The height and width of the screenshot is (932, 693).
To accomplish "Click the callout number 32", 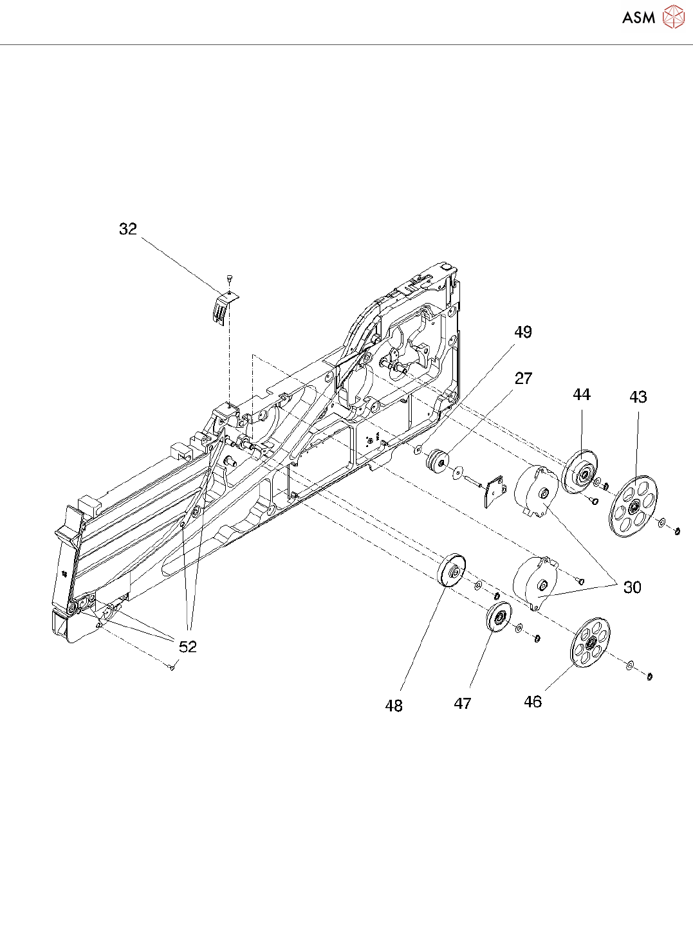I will pyautogui.click(x=128, y=229).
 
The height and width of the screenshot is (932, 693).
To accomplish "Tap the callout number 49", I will pyautogui.click(x=523, y=332).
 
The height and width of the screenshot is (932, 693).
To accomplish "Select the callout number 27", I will pyautogui.click(x=523, y=378).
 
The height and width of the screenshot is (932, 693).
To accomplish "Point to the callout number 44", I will pyautogui.click(x=582, y=394).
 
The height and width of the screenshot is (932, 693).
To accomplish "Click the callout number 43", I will pyautogui.click(x=638, y=397).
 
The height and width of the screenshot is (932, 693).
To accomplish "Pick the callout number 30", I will pyautogui.click(x=632, y=587).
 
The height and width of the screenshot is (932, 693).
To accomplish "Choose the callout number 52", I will pyautogui.click(x=187, y=646).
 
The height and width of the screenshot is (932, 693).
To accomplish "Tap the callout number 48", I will pyautogui.click(x=394, y=706).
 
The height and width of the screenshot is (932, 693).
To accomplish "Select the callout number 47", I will pyautogui.click(x=463, y=704).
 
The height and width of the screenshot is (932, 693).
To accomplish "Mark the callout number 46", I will pyautogui.click(x=533, y=702).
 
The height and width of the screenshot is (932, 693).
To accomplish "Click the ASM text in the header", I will pyautogui.click(x=638, y=17).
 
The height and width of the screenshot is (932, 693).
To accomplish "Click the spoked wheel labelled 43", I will pyautogui.click(x=633, y=507).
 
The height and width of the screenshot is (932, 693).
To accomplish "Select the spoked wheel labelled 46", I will pyautogui.click(x=590, y=643).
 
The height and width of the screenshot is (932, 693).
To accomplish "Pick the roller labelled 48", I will pyautogui.click(x=452, y=570).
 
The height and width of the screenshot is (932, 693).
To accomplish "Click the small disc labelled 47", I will pyautogui.click(x=498, y=618).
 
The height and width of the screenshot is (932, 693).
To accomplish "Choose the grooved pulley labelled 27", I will pyautogui.click(x=438, y=461).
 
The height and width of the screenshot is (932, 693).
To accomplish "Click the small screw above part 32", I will pyautogui.click(x=230, y=279).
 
